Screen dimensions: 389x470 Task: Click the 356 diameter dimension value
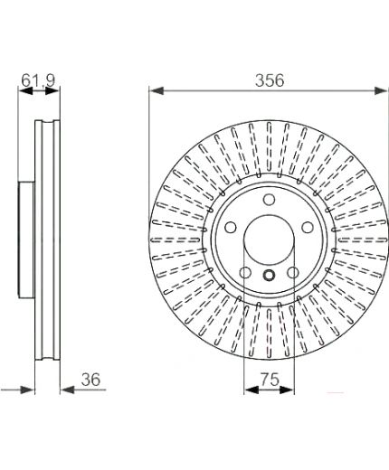[270, 80]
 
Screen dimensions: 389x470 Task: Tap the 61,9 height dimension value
[38, 80]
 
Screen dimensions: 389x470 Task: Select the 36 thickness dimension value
[90, 380]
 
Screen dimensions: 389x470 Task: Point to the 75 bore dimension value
[270, 380]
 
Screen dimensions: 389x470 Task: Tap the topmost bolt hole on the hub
[269, 200]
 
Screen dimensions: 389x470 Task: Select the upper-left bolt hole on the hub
[231, 227]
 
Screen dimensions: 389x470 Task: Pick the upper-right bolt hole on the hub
[308, 227]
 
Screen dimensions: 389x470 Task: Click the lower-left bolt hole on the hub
[245, 273]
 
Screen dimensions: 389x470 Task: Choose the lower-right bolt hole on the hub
[292, 273]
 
